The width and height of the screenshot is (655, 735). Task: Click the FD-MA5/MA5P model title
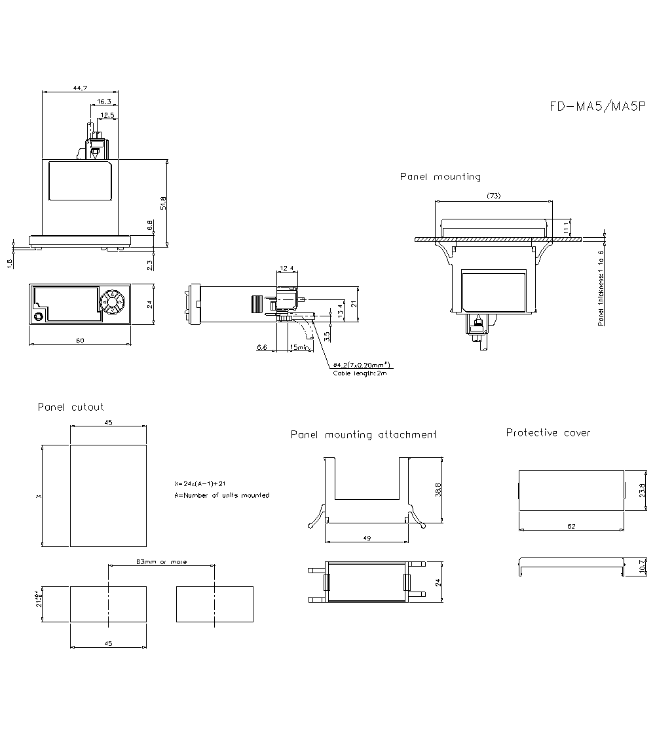pos(597,107)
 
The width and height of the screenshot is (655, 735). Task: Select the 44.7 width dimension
pos(81,88)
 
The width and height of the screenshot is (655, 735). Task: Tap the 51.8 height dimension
pos(163,203)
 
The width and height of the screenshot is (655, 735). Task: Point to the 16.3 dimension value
pos(104,102)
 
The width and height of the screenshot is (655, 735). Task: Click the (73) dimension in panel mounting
pos(495,196)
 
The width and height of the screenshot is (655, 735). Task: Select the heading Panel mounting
pos(440,177)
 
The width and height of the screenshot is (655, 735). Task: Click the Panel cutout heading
pos(71,407)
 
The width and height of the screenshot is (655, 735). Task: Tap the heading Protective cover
pos(548,433)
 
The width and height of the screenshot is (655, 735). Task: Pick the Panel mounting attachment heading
pos(364,435)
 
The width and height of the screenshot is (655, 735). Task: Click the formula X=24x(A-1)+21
pos(200,483)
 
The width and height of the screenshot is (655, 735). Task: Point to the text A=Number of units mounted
pos(221,495)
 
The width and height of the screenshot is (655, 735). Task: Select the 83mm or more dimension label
pos(161,562)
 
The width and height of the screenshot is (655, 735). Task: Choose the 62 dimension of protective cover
pos(571,526)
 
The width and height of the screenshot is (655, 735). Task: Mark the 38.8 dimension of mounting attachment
pos(438,490)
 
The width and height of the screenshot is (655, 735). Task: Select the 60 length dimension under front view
pos(80,340)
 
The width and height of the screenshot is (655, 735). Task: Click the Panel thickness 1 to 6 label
pos(601,288)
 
